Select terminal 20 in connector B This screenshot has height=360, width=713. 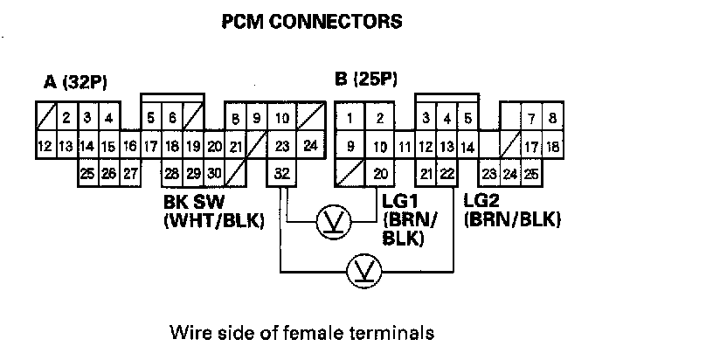(380, 173)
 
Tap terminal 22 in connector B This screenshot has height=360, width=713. (446, 173)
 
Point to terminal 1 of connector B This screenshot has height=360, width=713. (350, 118)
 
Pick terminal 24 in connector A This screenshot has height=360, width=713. (310, 145)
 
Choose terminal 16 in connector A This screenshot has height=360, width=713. (129, 146)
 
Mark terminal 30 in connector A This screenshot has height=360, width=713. (214, 173)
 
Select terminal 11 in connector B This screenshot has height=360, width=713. (404, 146)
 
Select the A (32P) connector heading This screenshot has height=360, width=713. (75, 84)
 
